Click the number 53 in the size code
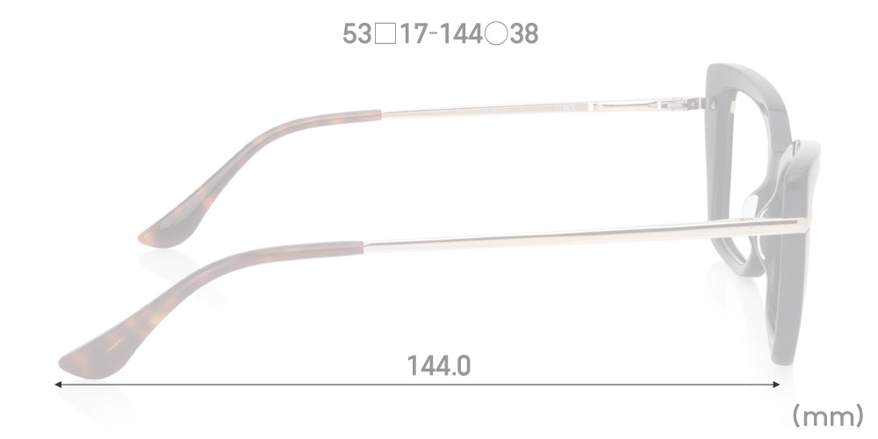[x=356, y=34]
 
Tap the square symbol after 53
[x=385, y=34]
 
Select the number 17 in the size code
[x=414, y=34]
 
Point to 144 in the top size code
[x=462, y=34]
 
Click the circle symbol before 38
[x=496, y=34]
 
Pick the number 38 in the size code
[x=524, y=34]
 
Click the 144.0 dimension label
[x=438, y=365]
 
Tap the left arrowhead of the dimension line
[x=58, y=385]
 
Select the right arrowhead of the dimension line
[x=776, y=385]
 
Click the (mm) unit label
[x=828, y=416]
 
